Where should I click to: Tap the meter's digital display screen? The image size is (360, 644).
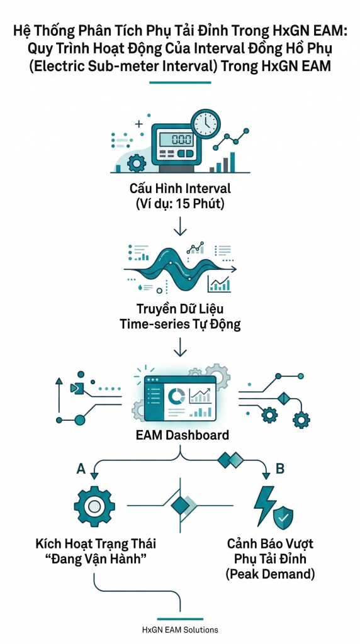coord(180,140)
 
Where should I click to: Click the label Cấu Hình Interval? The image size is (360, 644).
coord(180,189)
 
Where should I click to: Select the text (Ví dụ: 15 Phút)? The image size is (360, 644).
coord(180,204)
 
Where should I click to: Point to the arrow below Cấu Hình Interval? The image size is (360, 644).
coord(180,226)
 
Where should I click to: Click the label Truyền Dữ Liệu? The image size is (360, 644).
coord(180,309)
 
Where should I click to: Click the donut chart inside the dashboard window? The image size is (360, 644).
coord(177,396)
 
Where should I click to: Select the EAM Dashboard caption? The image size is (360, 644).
coord(180,435)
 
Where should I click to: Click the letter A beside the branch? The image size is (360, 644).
coord(81,468)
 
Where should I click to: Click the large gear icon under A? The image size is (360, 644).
coord(94,506)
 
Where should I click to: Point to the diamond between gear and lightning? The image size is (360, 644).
coord(180,505)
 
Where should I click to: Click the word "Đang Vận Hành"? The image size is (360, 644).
coord(96,559)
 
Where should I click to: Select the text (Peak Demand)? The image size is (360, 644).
coord(271,574)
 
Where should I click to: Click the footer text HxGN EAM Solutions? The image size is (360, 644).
coord(180,629)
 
